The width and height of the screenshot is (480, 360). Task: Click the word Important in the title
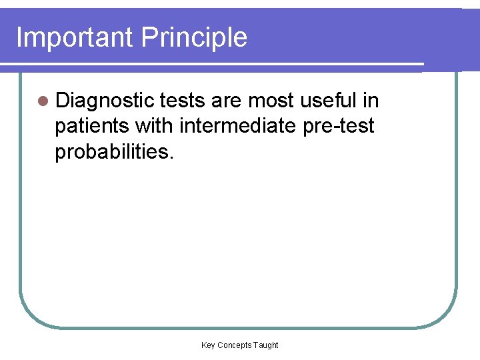[73, 37]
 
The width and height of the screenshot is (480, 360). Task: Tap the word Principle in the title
[193, 37]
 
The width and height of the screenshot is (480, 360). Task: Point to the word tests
[183, 101]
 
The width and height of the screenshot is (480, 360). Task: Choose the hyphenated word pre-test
[342, 126]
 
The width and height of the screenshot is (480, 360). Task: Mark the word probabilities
[113, 151]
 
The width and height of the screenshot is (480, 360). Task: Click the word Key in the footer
[208, 345]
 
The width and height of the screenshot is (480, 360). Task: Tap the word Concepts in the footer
[234, 345]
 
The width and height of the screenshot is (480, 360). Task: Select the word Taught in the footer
[266, 345]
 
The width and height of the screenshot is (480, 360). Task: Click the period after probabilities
[172, 157]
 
